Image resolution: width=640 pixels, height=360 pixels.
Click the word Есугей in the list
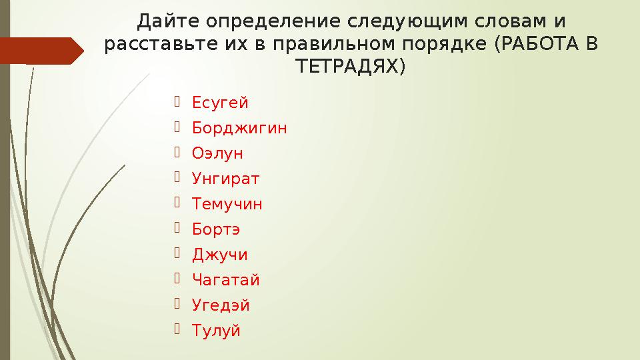[x=220, y=103]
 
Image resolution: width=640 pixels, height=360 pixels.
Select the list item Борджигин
[x=239, y=128]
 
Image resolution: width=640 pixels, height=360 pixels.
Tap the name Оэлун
[x=217, y=153]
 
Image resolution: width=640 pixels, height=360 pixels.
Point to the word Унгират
[x=225, y=179]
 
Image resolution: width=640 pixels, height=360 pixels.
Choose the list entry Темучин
[x=227, y=204]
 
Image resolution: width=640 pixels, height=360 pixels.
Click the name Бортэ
[x=216, y=229]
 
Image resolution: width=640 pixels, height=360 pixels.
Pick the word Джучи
[x=219, y=255]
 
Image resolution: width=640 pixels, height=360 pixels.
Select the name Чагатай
[x=225, y=280]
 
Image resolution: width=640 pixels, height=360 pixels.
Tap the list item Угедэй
[x=221, y=305]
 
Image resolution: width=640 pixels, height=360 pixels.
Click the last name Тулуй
[x=216, y=331]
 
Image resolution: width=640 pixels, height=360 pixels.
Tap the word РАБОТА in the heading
[x=540, y=45]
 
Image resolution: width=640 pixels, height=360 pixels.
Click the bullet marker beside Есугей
[x=177, y=102]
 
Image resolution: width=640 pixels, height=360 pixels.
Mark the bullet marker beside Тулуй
[x=177, y=330]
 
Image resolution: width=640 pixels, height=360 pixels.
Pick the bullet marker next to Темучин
[x=177, y=203]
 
